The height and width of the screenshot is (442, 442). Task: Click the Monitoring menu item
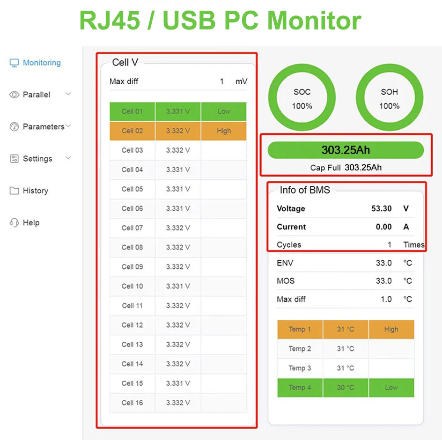pyautogui.click(x=41, y=63)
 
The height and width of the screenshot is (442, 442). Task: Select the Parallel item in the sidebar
pyautogui.click(x=36, y=95)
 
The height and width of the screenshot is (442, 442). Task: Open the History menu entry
pyautogui.click(x=35, y=191)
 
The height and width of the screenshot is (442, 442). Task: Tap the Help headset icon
pyautogui.click(x=14, y=223)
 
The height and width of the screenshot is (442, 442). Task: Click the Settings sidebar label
pyautogui.click(x=37, y=159)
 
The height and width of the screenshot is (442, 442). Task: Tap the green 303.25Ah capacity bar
pyautogui.click(x=346, y=150)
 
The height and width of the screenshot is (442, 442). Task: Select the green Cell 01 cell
pyautogui.click(x=132, y=111)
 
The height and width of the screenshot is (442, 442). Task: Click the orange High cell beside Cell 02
pyautogui.click(x=224, y=131)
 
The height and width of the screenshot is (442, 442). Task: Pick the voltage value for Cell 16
pyautogui.click(x=178, y=403)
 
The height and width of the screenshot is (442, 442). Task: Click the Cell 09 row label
pyautogui.click(x=132, y=267)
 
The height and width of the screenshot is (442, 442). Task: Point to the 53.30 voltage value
pyautogui.click(x=381, y=209)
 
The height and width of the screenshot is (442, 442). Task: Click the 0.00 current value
pyautogui.click(x=383, y=227)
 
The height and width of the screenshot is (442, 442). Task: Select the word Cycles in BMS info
pyautogui.click(x=289, y=245)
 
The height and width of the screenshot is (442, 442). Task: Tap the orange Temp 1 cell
pyautogui.click(x=300, y=330)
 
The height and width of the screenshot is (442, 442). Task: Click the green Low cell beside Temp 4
pyautogui.click(x=391, y=388)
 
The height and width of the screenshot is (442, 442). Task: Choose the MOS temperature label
pyautogui.click(x=286, y=281)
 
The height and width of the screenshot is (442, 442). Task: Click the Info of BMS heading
pyautogui.click(x=305, y=190)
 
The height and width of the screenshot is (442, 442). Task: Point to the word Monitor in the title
pyautogui.click(x=314, y=21)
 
